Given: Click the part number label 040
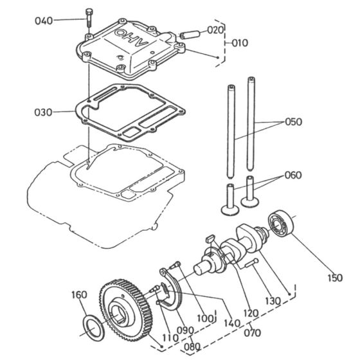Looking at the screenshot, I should [x=44, y=21].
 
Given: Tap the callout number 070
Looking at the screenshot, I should [x=253, y=334].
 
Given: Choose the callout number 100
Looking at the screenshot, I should [x=206, y=319].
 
